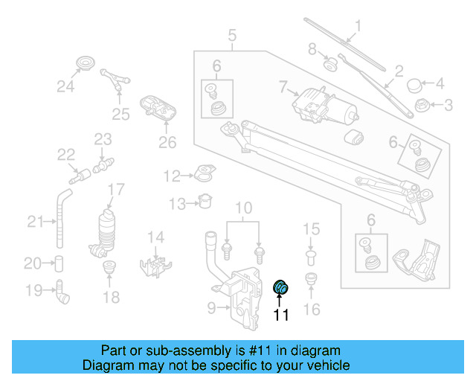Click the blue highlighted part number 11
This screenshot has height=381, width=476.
(282, 287)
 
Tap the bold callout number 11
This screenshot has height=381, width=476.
(282, 315)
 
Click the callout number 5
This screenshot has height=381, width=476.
(232, 34)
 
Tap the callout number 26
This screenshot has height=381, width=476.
(167, 141)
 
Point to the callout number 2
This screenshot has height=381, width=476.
(399, 71)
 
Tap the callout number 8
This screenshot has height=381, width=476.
(312, 50)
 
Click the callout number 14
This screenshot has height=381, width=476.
(155, 237)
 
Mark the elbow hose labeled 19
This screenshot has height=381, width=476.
(62, 292)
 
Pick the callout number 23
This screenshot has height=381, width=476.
(102, 138)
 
